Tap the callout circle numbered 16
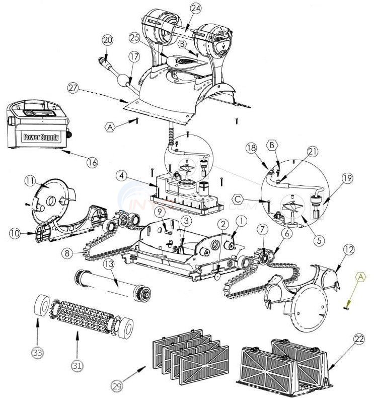pos(91,162)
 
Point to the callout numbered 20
pos(107,40)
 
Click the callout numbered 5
pos(317,240)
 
